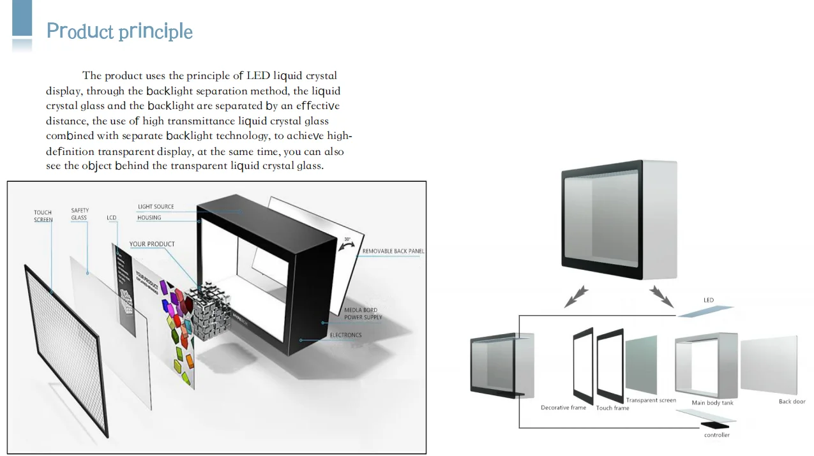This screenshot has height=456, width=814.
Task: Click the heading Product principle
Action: tap(119, 31)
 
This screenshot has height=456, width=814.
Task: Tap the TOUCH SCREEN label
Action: tap(43, 216)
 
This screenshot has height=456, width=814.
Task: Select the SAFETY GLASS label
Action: tap(79, 214)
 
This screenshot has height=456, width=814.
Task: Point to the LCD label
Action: tap(112, 218)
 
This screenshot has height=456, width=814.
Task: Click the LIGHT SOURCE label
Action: tap(156, 207)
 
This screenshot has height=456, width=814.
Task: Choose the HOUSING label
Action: tap(149, 217)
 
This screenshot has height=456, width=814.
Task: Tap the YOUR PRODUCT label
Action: tap(152, 244)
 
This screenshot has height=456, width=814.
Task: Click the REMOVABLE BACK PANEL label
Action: tap(393, 251)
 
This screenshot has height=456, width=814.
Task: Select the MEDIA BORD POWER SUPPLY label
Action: tap(363, 314)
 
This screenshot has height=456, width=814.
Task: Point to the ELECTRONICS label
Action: tap(345, 335)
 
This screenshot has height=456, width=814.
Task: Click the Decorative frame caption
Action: tap(563, 408)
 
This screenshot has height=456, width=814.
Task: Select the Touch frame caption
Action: tap(612, 408)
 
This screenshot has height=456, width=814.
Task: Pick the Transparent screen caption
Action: tap(651, 401)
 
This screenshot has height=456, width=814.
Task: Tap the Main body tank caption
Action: tap(712, 403)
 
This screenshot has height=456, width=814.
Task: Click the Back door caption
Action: tap(792, 402)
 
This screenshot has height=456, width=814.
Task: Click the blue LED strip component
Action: tap(705, 311)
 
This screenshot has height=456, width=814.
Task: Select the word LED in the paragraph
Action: tap(259, 76)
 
